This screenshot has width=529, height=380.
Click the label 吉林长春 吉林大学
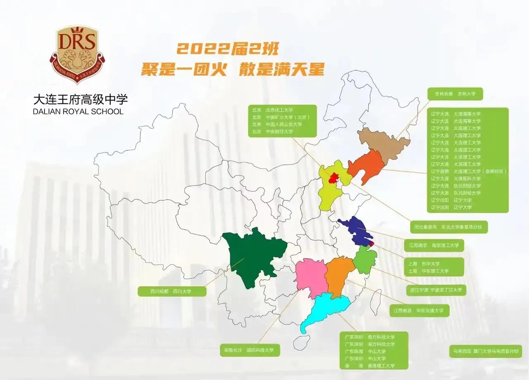point(455,94)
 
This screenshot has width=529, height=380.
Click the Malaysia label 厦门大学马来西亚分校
point(485,351)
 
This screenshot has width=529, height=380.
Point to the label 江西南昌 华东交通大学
point(419,311)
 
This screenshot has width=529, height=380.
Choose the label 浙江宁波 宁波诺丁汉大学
point(435,290)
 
